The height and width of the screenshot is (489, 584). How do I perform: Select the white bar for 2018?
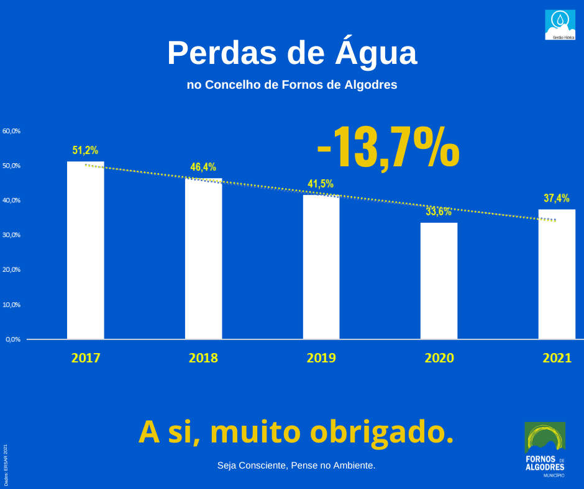(x=203, y=259)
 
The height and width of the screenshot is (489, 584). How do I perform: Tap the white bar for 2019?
(x=321, y=267)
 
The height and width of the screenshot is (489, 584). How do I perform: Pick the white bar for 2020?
(x=439, y=280)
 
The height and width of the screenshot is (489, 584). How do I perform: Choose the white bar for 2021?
(x=557, y=274)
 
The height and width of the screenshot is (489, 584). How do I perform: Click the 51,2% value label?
(x=85, y=150)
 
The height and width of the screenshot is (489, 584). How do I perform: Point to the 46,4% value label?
(x=203, y=167)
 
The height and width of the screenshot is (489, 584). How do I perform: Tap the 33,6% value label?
(x=439, y=212)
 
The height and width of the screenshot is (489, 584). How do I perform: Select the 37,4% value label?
(x=557, y=198)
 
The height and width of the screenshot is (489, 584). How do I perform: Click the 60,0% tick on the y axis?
(x=12, y=131)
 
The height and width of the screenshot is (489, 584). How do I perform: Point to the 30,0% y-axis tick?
(x=12, y=235)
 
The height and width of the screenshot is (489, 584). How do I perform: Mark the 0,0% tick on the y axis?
(x=13, y=339)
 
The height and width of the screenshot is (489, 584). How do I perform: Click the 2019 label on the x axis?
(x=321, y=358)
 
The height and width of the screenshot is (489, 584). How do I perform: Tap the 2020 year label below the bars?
(x=439, y=358)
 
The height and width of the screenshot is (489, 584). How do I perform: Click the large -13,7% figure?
(x=388, y=148)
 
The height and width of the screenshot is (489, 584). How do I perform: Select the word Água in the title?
(x=376, y=53)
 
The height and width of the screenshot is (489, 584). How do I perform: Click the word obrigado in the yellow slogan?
(x=381, y=432)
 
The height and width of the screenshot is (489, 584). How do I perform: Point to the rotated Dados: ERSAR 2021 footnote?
(x=6, y=465)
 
